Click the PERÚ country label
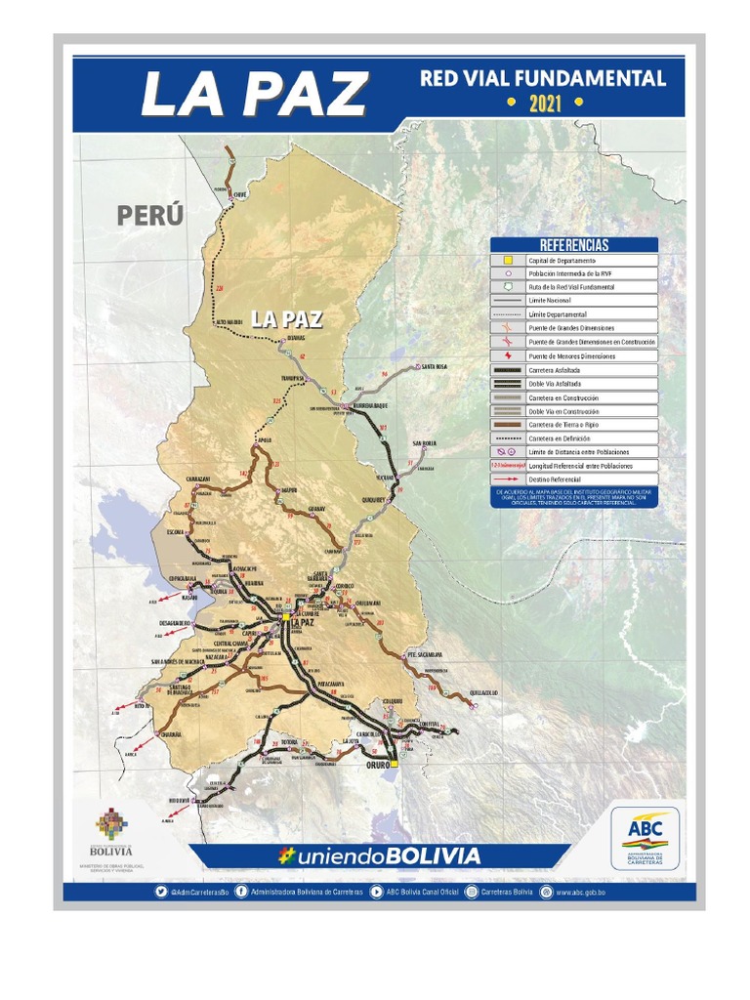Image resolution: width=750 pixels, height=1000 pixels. [150, 215]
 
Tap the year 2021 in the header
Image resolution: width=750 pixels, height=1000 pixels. [545, 103]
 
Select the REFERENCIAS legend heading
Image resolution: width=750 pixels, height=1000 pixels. [573, 245]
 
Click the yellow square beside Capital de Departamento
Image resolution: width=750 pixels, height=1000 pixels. [508, 261]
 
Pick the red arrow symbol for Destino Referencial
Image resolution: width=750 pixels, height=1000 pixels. [508, 479]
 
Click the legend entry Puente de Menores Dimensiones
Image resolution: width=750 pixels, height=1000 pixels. [571, 356]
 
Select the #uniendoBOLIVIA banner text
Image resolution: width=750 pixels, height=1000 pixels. [381, 856]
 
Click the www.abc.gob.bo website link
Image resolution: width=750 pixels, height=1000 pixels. [583, 892]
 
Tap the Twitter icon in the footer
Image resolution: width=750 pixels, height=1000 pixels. [161, 892]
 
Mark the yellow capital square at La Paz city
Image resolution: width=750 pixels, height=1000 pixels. [285, 616]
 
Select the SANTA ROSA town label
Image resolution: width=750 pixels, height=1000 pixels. [434, 366]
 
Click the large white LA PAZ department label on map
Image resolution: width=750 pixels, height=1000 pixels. [286, 319]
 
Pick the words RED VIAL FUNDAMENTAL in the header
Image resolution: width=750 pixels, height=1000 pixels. [542, 78]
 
